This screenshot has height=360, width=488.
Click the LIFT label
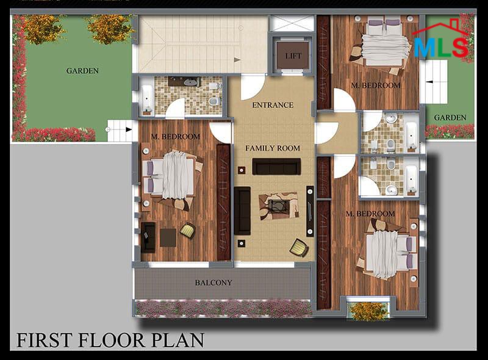click(293, 56)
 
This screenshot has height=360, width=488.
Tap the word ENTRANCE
click(273, 106)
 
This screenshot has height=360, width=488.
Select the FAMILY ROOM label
click(273, 148)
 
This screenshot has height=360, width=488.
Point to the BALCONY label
click(213, 283)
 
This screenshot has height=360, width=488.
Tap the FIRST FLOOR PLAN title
click(110, 340)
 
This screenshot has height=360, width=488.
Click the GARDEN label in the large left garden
click(82, 71)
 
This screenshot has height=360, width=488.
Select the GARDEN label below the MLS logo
click(450, 118)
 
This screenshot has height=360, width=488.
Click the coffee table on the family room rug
click(279, 206)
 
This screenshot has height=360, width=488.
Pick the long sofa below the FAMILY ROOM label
click(276, 167)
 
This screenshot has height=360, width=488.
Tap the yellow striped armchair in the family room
click(300, 248)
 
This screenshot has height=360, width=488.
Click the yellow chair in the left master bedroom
click(188, 231)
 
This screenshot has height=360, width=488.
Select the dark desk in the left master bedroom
click(148, 237)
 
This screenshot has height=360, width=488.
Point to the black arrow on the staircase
click(237, 59)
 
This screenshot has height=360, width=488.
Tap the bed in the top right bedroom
click(386, 42)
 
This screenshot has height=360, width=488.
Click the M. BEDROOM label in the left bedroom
click(176, 137)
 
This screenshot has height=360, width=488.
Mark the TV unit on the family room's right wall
click(310, 211)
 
